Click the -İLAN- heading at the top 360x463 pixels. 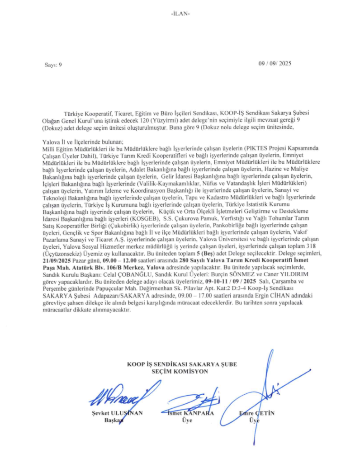pos(180,13)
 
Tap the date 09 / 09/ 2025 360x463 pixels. pos(275,64)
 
